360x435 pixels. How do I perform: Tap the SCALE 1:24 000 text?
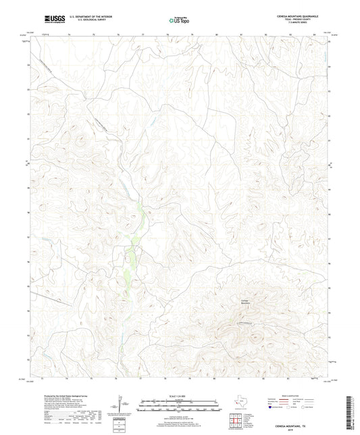point(179,395)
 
